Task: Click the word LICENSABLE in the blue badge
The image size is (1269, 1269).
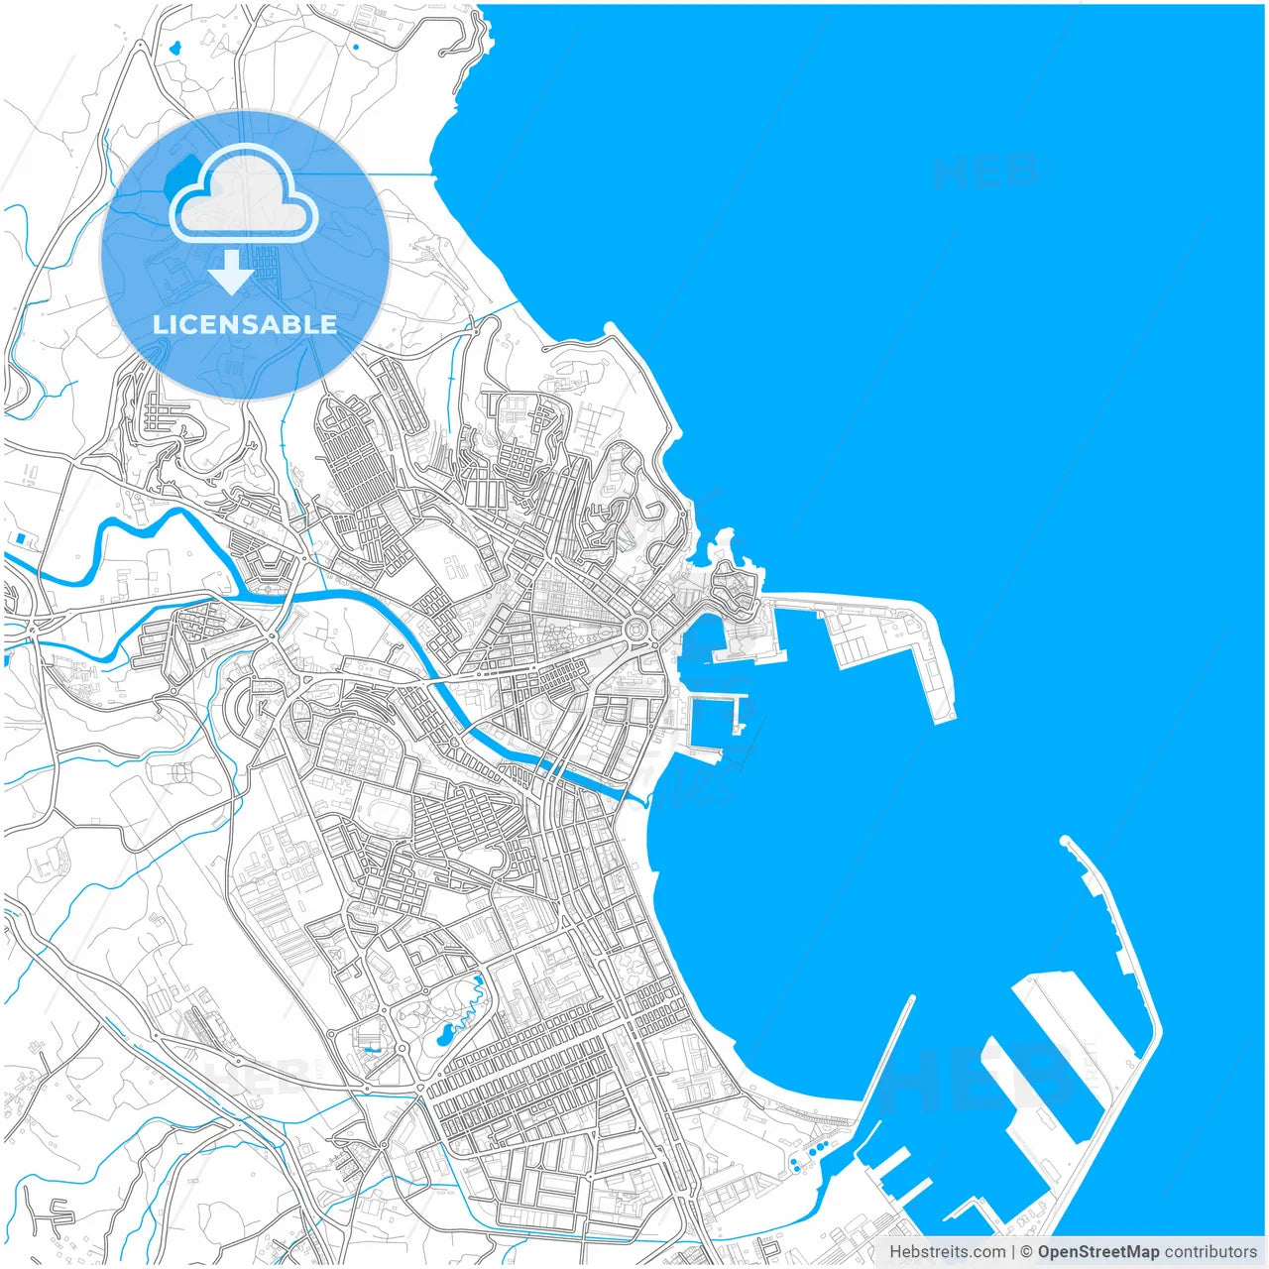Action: click(x=245, y=324)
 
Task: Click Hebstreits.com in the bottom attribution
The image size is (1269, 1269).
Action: click(x=946, y=1252)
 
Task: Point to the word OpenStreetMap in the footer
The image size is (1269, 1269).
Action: click(x=1098, y=1252)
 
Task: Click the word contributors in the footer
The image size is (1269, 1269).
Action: click(x=1211, y=1252)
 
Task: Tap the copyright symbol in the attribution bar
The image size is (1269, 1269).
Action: click(x=1027, y=1252)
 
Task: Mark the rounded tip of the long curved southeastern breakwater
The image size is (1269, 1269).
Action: click(x=1066, y=842)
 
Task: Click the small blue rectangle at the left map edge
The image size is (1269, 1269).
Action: click(x=20, y=538)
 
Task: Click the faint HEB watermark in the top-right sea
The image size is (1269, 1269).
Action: click(x=985, y=172)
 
